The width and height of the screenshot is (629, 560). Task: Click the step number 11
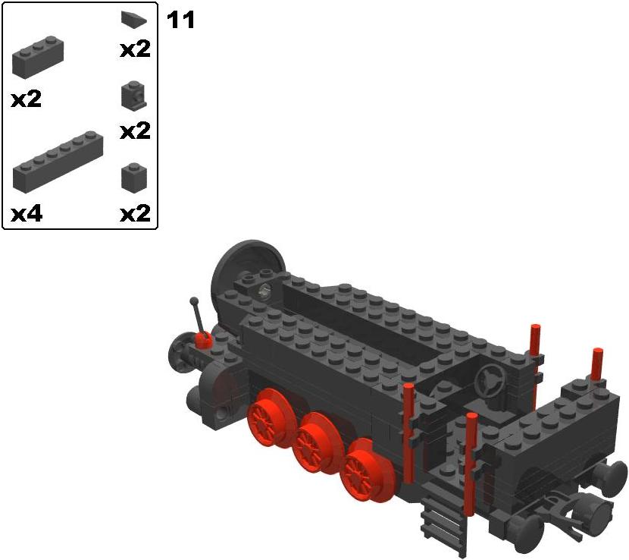(180, 20)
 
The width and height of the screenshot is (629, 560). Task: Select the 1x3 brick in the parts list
(38, 57)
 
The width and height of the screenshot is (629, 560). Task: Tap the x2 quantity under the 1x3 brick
(26, 99)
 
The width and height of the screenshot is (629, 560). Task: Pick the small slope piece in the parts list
(133, 19)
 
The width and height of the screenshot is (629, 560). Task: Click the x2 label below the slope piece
(135, 49)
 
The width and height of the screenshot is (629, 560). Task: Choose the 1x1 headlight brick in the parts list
(133, 96)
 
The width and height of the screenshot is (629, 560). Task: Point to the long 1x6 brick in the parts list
(58, 162)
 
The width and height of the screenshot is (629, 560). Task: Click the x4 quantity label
(27, 214)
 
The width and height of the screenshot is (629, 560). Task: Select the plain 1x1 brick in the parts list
(134, 177)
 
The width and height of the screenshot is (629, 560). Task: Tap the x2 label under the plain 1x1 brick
(135, 213)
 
